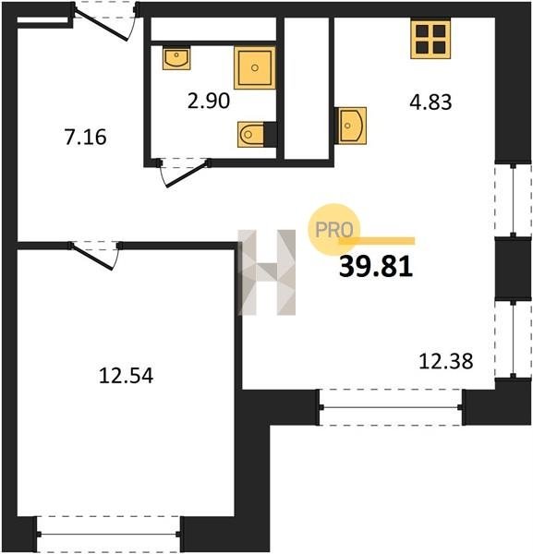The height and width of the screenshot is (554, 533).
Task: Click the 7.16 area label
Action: click(x=85, y=138)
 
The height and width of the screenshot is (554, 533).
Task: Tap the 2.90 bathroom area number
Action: click(x=209, y=101)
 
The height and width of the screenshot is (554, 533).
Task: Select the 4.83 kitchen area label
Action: click(x=430, y=102)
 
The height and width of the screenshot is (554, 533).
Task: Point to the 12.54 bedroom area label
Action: click(x=127, y=376)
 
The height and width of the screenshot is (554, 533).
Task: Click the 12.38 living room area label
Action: click(x=445, y=361)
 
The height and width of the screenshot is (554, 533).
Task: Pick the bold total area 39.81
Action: click(x=376, y=267)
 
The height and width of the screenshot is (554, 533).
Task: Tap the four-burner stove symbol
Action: click(x=430, y=39)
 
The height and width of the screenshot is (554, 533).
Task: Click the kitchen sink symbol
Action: click(x=350, y=126)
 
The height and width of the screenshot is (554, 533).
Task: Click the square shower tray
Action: click(x=254, y=67)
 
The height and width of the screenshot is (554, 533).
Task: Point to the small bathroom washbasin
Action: click(x=176, y=58)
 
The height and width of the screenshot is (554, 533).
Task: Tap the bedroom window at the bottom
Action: click(x=108, y=535)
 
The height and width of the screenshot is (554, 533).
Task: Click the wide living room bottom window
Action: click(x=391, y=407)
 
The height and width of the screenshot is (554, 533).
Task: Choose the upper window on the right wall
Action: click(x=514, y=200)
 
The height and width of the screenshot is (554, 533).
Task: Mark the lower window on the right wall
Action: click(x=514, y=339)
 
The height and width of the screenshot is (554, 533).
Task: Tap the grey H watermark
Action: click(x=267, y=272)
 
